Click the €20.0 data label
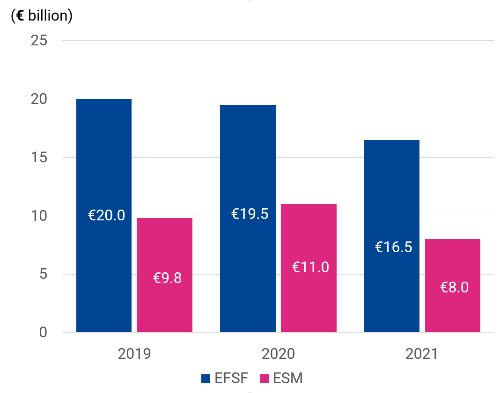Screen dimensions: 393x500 [107, 216]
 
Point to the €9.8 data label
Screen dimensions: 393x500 [167, 278]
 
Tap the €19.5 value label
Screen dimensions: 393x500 [250, 214]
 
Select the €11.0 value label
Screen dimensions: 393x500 [310, 267]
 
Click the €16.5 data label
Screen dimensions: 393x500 [394, 247]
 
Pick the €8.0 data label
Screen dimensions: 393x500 [454, 287]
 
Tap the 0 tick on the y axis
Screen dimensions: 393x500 [43, 333]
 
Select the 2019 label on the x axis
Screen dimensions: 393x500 [134, 354]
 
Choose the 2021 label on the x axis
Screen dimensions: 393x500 [422, 354]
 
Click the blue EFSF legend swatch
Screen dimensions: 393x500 [206, 378]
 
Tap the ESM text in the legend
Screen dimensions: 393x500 [288, 378]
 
